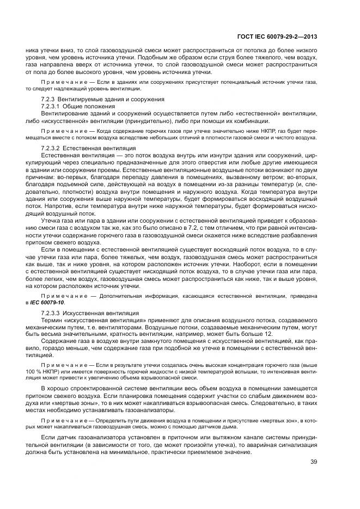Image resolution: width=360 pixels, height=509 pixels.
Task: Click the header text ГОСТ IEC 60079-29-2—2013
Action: coord(277,37)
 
